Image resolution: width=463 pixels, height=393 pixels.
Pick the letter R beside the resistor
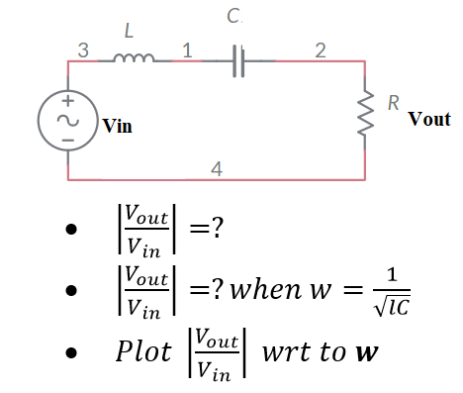click(394, 102)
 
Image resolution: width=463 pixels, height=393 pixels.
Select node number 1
click(187, 49)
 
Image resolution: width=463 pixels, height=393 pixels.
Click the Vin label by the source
click(116, 128)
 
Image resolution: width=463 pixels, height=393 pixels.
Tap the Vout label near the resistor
click(428, 119)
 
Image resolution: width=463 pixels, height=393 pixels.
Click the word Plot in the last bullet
click(145, 353)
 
